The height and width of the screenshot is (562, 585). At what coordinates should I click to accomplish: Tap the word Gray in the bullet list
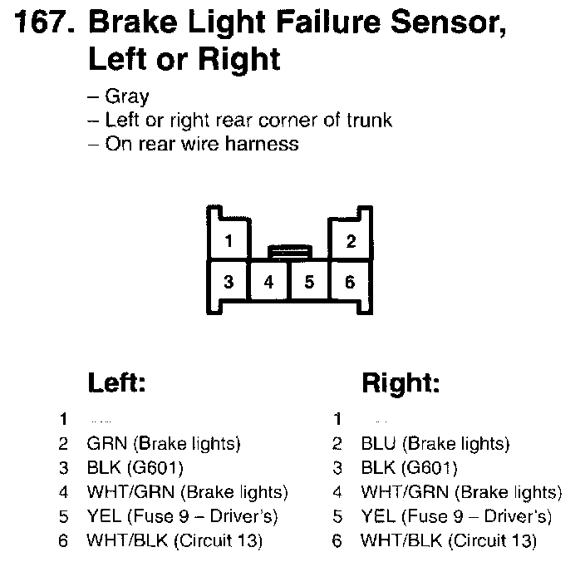(127, 96)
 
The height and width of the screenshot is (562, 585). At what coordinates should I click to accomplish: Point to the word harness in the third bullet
(265, 144)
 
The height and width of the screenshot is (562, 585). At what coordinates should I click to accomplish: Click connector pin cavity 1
(229, 243)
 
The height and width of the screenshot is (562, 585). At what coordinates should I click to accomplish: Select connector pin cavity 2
(351, 243)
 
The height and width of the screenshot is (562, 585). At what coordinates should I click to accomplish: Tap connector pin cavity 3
(229, 282)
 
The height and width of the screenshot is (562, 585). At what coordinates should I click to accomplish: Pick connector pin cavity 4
(269, 282)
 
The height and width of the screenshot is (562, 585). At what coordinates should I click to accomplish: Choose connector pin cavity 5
(309, 282)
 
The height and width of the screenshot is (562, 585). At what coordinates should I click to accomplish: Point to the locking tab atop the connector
(290, 249)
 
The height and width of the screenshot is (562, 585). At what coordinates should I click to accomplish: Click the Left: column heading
(116, 383)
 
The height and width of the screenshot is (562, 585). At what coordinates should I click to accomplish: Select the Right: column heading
(401, 383)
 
